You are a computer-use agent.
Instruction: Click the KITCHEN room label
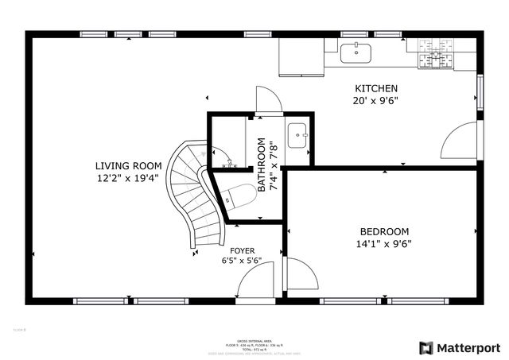pos(375,88)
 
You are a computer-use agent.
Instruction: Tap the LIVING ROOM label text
pos(127,166)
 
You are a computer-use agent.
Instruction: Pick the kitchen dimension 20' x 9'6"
pos(375,101)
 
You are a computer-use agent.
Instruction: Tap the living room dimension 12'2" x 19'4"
pos(127,179)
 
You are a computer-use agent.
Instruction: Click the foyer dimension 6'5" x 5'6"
pos(242,260)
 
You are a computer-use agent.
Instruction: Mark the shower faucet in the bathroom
pos(227,161)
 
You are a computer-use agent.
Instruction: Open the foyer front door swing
pos(256,284)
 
